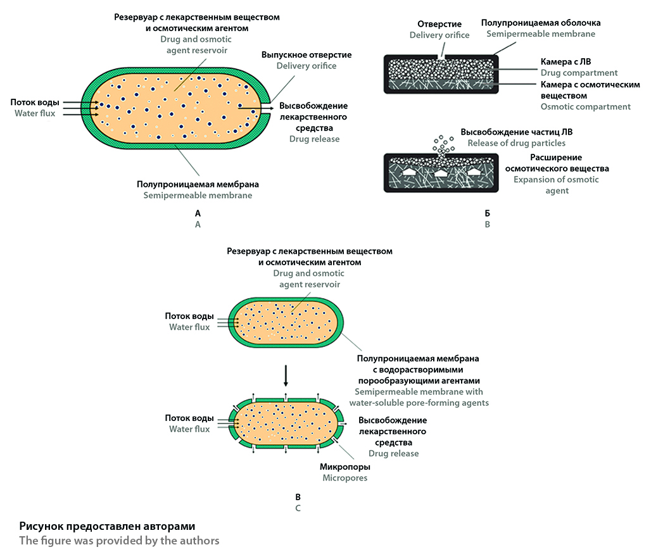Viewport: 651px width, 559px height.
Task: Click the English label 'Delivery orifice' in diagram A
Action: coord(307,66)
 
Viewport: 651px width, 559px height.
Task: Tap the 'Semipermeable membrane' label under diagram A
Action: coord(198,195)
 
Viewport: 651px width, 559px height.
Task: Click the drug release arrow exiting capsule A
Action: coord(256,108)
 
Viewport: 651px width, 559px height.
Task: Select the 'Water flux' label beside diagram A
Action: coord(35,113)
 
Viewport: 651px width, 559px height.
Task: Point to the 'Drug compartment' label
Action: coord(579,73)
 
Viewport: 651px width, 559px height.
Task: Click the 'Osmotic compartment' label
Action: coord(585,106)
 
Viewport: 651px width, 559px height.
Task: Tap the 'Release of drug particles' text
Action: coord(517,143)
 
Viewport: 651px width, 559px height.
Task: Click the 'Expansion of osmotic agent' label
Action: coord(557,185)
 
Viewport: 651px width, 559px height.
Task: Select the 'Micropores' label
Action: coord(345,478)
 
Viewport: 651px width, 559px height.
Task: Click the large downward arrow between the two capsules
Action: coord(286,375)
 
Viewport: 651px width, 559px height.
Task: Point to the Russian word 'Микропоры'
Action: coord(345,467)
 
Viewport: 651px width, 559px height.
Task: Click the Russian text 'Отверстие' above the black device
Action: coord(439,24)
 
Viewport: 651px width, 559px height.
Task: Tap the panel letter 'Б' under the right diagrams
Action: coord(488,213)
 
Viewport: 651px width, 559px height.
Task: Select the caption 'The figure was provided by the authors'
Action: coord(119,541)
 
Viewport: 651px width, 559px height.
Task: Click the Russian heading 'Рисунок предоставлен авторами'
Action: coord(107,526)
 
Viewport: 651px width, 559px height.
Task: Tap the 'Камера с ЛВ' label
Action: coord(566,62)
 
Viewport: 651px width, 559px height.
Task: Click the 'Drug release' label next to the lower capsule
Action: coord(394,453)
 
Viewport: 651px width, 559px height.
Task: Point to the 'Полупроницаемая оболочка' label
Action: coord(541,23)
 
